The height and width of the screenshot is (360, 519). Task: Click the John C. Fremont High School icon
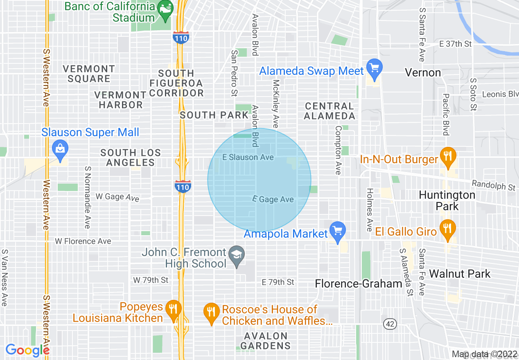(237, 256)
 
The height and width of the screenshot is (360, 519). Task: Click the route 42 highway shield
(390, 324)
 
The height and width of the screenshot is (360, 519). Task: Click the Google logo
(27, 350)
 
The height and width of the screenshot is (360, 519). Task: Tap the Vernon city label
(423, 73)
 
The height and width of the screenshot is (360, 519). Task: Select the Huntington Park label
(447, 200)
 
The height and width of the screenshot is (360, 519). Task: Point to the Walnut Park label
(460, 274)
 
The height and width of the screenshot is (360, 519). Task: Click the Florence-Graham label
(358, 283)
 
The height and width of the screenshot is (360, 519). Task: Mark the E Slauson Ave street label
(248, 157)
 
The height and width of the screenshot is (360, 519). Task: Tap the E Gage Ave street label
(273, 199)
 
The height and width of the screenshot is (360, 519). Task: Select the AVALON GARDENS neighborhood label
(265, 341)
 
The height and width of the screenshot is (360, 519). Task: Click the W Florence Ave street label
(83, 241)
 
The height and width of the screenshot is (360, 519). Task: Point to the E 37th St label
(455, 44)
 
